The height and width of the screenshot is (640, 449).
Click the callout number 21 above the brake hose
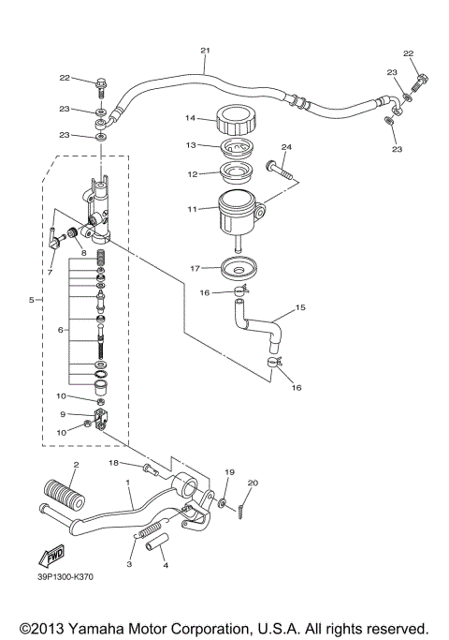[205, 51]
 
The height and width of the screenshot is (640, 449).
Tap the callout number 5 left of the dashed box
[31, 300]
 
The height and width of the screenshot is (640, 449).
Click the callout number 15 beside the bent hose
[301, 306]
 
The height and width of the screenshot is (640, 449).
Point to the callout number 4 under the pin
[164, 565]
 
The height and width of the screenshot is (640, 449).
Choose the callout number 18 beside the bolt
[114, 463]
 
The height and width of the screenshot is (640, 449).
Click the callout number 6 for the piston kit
[63, 330]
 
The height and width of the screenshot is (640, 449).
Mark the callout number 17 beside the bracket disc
[194, 268]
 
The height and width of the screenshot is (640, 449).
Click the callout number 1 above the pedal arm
[128, 483]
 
